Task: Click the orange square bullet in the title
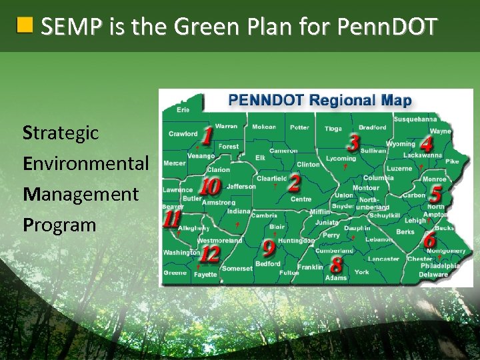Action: click(x=25, y=26)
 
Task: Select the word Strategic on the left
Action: click(x=61, y=133)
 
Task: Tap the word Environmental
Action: click(x=85, y=163)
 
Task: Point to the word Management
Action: click(x=80, y=194)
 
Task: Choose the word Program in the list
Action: click(x=59, y=225)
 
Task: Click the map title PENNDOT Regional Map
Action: click(x=319, y=101)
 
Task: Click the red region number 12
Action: click(x=210, y=253)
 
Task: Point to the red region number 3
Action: click(x=353, y=141)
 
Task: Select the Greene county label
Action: click(x=175, y=273)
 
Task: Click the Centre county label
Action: click(x=301, y=199)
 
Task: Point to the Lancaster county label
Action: click(x=383, y=259)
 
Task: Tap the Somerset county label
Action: click(x=237, y=268)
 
